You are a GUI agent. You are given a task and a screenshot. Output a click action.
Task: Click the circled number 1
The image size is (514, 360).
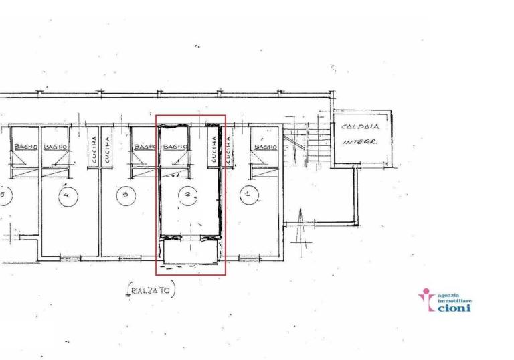pos(249,195)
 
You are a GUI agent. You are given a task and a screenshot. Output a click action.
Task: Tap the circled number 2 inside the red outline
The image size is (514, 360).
pos(189,195)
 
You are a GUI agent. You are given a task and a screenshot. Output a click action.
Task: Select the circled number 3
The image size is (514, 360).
pos(125,195)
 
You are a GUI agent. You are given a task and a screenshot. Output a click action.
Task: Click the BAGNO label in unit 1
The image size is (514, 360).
pos(265,147)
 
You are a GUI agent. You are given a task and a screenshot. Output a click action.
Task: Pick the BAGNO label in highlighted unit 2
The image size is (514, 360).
pos(175,147)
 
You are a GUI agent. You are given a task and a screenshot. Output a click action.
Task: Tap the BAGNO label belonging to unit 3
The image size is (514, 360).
pos(145,147)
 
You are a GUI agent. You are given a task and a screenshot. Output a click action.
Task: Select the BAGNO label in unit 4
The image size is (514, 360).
pos(55,147)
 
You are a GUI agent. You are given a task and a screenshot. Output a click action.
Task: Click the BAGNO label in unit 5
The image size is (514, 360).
pos(24,147)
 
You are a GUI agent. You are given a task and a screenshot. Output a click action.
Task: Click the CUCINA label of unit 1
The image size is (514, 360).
pos(228,150)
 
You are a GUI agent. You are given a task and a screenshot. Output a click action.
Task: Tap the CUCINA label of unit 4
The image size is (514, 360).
pos(94,150)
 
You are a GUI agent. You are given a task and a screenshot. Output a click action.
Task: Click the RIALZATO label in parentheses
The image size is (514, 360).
pos(151,291)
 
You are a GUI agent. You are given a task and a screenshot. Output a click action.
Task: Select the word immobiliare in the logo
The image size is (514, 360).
pos(454,301)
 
